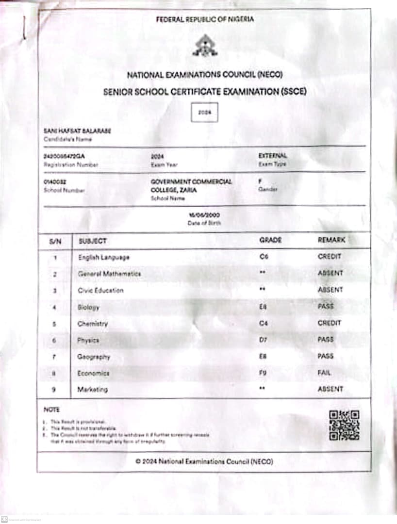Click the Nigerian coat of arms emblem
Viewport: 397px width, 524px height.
(x=204, y=47)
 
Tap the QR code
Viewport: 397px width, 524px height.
(x=344, y=425)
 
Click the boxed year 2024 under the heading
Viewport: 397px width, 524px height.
(x=204, y=112)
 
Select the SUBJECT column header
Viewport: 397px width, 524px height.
(x=92, y=241)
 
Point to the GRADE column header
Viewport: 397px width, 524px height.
(x=270, y=240)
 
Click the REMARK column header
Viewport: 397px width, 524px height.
(x=331, y=240)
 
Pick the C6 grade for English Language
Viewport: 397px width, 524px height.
(x=264, y=257)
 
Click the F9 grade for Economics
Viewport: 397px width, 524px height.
(x=264, y=373)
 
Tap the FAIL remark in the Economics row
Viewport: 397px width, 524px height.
(x=324, y=373)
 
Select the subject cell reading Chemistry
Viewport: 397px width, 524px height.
(x=92, y=324)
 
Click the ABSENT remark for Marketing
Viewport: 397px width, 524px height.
(x=330, y=389)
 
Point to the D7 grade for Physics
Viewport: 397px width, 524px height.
(x=264, y=340)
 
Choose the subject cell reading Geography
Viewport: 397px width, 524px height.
(x=94, y=357)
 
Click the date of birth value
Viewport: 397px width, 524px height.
(x=204, y=214)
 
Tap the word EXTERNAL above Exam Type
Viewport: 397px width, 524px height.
(x=273, y=156)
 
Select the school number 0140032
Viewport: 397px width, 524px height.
(x=55, y=181)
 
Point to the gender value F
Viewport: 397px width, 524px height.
(x=261, y=180)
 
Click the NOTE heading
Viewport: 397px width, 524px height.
(x=51, y=410)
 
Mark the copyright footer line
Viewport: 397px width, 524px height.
(x=204, y=461)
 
